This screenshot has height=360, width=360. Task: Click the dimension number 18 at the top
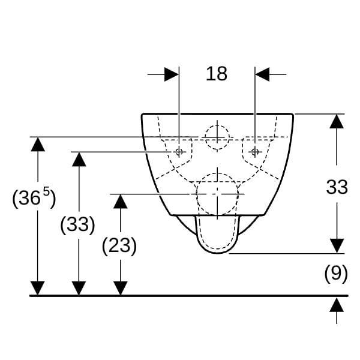pos(217,74)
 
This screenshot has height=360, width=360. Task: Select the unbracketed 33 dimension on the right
pos(337,187)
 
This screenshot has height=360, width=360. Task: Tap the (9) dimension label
pos(336,274)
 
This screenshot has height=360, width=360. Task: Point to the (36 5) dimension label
pos(34,197)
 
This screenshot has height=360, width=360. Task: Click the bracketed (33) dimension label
pos(77,224)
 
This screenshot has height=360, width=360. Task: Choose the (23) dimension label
pos(119,246)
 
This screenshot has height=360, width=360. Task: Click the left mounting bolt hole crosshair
pos(179,152)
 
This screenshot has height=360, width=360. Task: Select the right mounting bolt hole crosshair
pos(255,152)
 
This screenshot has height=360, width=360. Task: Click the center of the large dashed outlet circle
pos(217,194)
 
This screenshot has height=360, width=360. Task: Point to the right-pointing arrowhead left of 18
pos(172,74)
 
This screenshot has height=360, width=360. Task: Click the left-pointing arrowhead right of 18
pos(262,74)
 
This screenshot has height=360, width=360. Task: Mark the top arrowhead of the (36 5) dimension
pos(38,145)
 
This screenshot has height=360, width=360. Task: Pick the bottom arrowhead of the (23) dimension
pos(121,288)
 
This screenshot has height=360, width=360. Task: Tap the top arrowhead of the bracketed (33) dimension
pos(79,160)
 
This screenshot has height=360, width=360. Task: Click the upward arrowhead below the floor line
pos(337,305)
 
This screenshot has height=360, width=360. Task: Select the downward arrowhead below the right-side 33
pos(337,246)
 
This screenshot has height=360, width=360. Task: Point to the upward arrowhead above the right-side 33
pos(337,121)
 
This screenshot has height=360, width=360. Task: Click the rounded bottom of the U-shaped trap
pos(217,253)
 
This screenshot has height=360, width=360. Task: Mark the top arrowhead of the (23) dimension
pos(121,202)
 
